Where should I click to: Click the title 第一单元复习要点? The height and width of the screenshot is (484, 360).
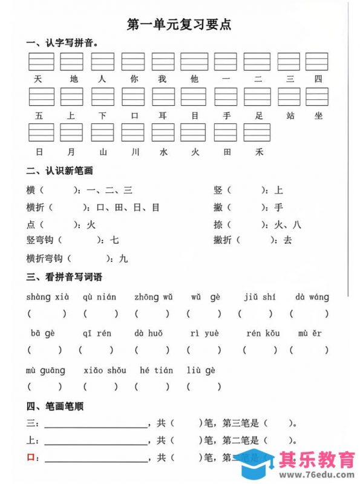tap(179, 25)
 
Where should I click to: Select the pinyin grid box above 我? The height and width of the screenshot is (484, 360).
tap(163, 62)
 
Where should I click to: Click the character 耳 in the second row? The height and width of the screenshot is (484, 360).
tap(163, 116)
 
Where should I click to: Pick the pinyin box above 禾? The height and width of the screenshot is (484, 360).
tap(257, 132)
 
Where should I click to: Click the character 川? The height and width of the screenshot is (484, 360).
tap(133, 152)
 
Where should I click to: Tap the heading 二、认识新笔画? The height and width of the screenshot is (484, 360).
tap(59, 171)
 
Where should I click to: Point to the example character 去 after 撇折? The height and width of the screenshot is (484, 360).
tap(287, 240)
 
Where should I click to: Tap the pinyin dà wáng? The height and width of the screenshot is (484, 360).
tap(312, 297)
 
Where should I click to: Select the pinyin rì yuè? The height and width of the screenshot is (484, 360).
tap(204, 333)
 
